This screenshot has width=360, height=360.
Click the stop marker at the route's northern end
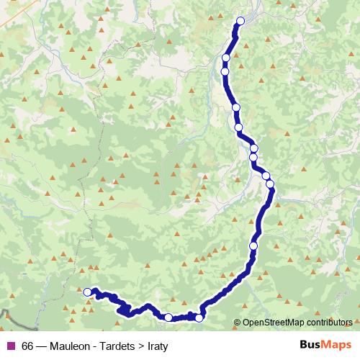pos(240,21)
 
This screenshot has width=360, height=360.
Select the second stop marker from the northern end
pos(226,58)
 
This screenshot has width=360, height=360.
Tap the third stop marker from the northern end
pos(225,71)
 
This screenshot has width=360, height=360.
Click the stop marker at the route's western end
pos(88,292)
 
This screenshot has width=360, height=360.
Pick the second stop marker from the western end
pos(168,317)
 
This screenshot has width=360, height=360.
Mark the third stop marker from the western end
pos(199,318)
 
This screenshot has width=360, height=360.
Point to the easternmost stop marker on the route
pos(271,184)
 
